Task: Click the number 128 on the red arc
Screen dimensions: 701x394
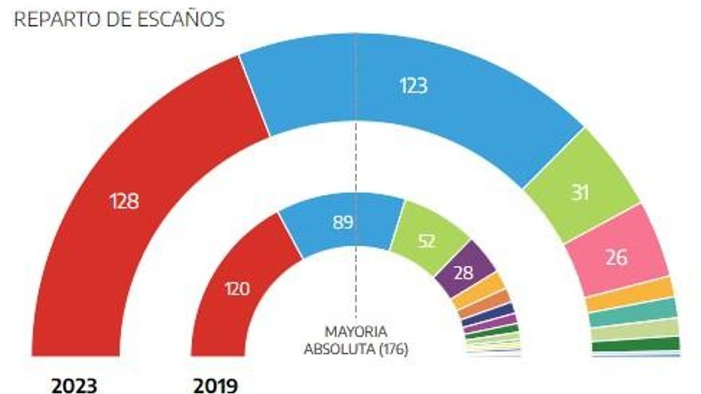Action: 124,201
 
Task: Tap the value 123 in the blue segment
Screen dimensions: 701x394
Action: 413,85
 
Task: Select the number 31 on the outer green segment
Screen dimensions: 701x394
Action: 580,193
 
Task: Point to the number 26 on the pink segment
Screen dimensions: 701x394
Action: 617,257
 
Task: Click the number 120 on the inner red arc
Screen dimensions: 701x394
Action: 237,289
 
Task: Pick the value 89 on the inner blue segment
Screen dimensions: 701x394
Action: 343,222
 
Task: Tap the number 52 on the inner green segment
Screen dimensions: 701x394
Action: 426,241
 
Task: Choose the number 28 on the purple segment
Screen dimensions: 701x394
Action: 464,272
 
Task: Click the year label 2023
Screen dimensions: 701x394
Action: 74,385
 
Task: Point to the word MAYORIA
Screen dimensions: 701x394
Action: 356,332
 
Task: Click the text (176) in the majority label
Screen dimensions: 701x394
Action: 394,349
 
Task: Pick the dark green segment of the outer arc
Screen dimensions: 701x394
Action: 636,345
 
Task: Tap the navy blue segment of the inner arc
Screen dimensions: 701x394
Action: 488,315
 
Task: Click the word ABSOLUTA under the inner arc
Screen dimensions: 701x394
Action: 341,349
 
